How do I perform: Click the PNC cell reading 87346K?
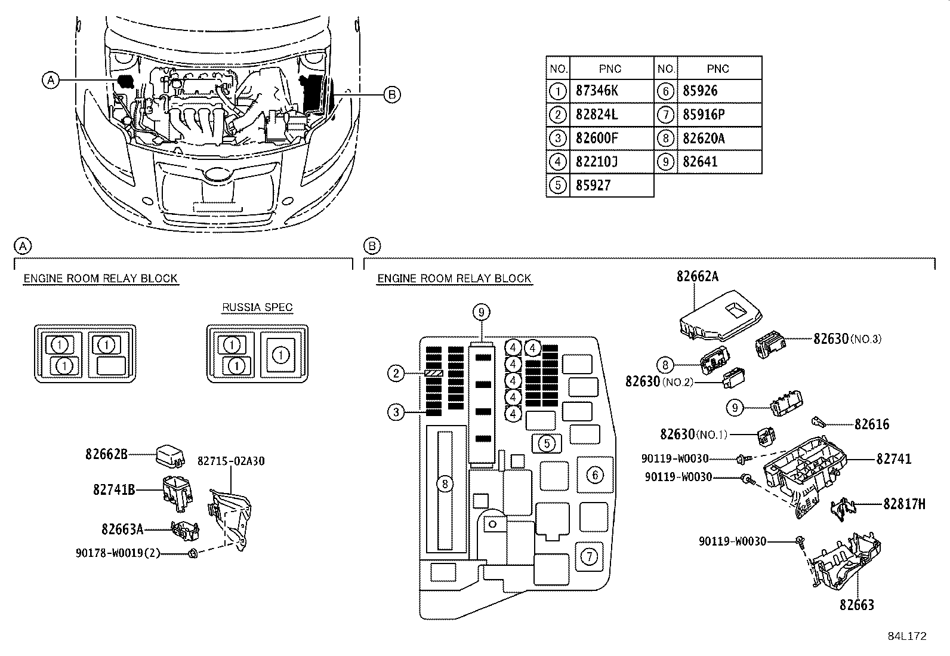tap(597, 91)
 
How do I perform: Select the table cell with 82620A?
tap(704, 138)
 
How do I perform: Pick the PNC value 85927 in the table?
tap(593, 186)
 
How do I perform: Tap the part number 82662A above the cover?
tap(697, 276)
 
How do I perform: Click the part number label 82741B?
tap(113, 490)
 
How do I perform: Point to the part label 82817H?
tap(904, 504)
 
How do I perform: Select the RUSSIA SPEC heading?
tap(257, 308)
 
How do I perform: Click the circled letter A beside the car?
tap(51, 79)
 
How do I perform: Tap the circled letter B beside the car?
tap(391, 94)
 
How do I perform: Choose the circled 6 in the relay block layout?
tap(595, 475)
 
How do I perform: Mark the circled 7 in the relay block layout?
tap(589, 557)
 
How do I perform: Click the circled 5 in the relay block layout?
tap(546, 443)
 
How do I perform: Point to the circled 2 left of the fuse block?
tap(396, 374)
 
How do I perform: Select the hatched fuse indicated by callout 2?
tap(433, 373)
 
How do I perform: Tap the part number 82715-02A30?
tap(231, 461)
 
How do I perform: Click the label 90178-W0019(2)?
tap(118, 553)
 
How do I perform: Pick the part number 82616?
tap(871, 424)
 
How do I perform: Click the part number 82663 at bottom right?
tap(856, 605)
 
